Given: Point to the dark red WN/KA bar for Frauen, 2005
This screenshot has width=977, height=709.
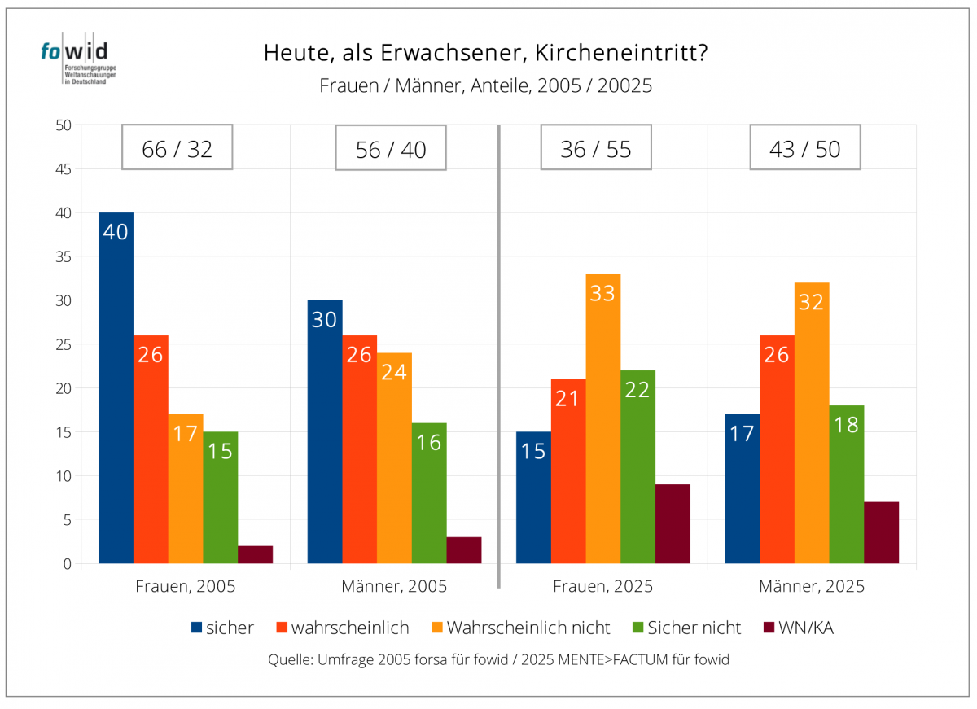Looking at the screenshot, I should pos(255,554).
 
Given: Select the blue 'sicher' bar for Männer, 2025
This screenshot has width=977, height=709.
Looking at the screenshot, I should pos(742,488).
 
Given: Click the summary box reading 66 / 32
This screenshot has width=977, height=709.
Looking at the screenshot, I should pos(177,147).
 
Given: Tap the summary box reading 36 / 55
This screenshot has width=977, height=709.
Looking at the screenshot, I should pos(596,147).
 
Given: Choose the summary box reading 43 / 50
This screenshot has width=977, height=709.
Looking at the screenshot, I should pos(805,147).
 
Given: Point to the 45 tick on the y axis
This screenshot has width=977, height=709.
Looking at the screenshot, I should pos(64,169).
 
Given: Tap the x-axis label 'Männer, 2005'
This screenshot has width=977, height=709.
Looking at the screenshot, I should pos(394,586).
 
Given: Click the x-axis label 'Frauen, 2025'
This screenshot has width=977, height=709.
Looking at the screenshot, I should pos(603,586).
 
